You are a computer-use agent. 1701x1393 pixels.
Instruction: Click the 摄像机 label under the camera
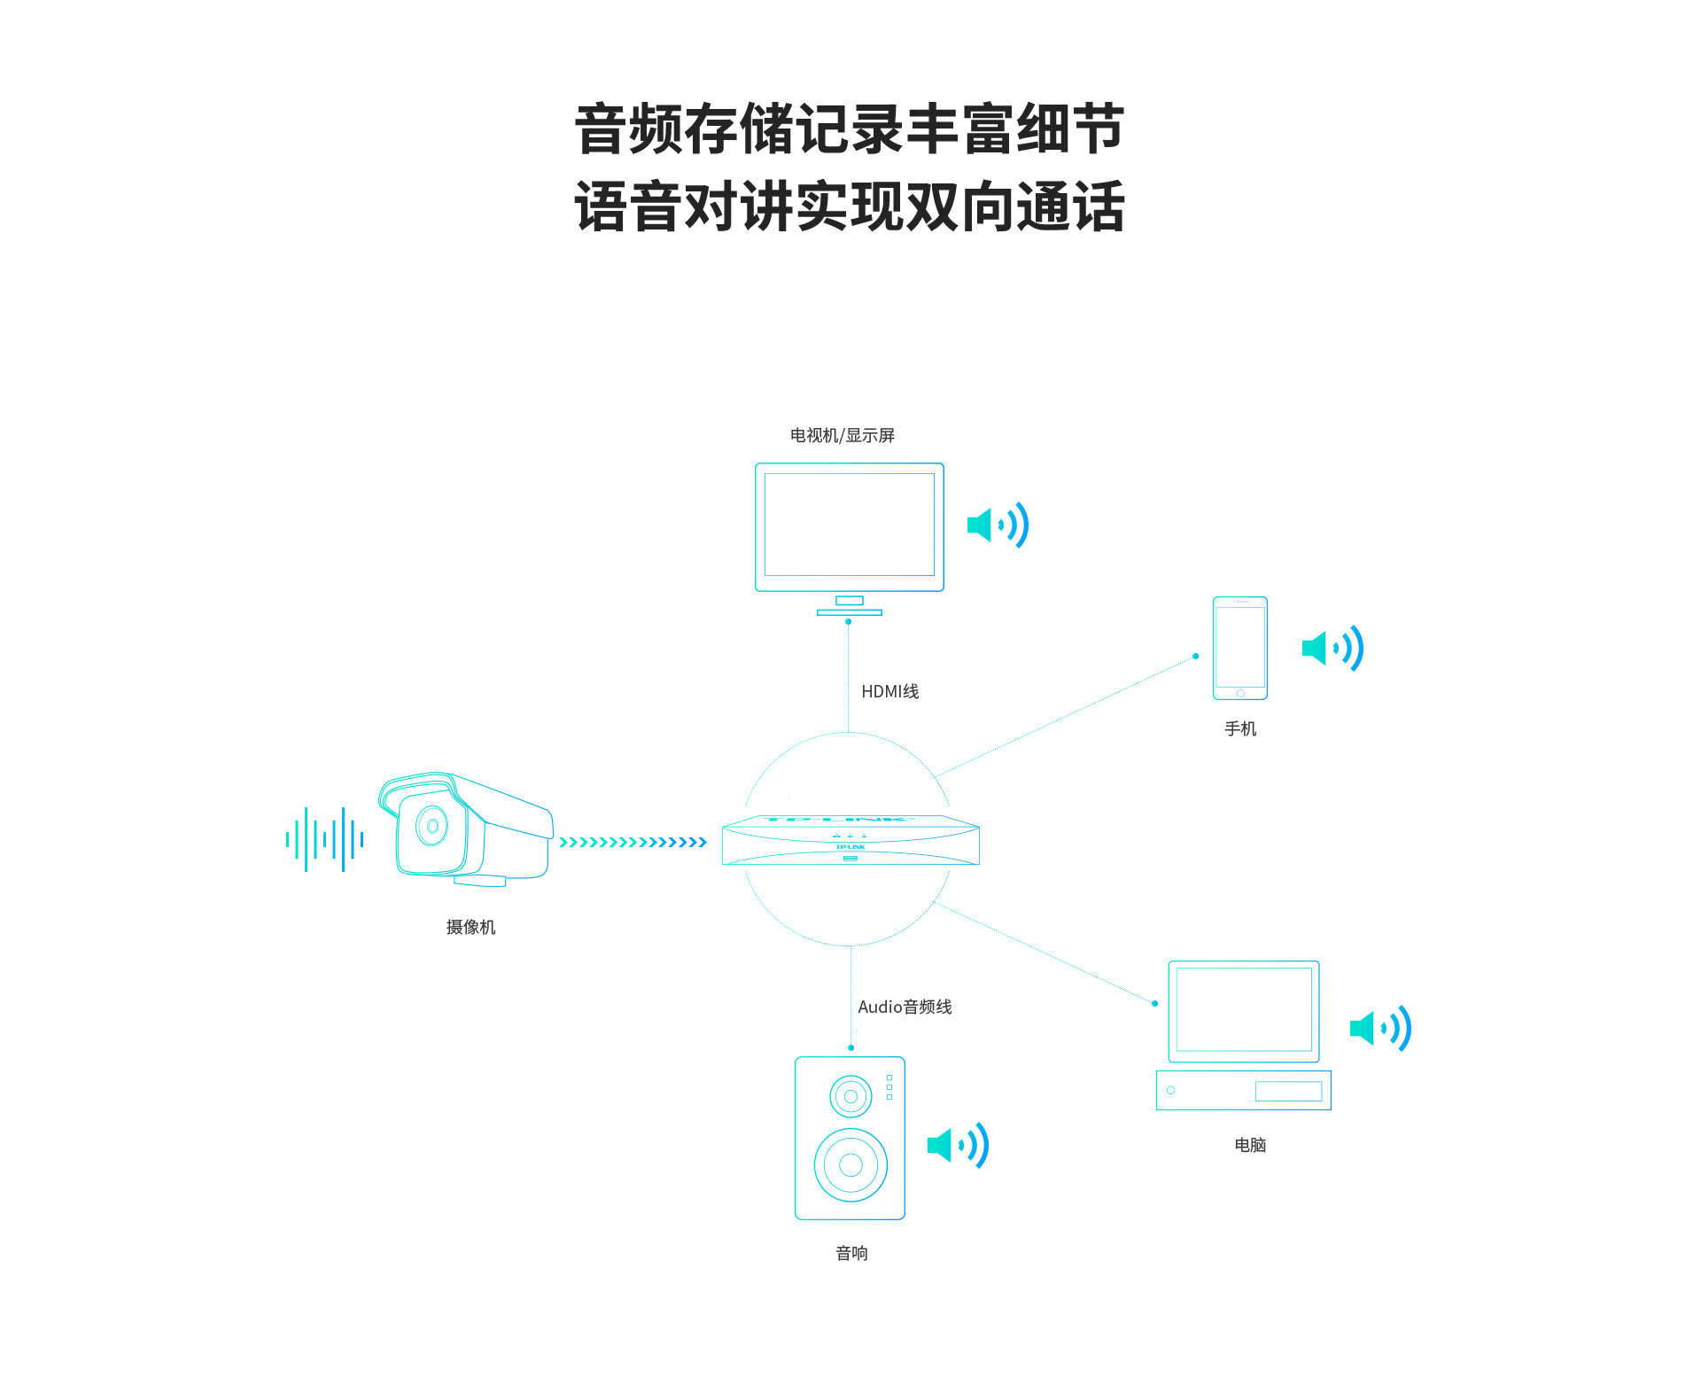(x=470, y=927)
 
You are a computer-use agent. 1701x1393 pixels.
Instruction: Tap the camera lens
(x=432, y=826)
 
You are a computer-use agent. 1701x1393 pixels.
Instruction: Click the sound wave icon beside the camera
(x=324, y=839)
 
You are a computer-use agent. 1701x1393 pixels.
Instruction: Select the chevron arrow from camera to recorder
(x=633, y=842)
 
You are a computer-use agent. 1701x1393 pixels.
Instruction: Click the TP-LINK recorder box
(x=850, y=840)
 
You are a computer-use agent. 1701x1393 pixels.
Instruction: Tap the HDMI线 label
(x=889, y=691)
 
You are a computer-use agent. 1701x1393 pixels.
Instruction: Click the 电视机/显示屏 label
(x=842, y=435)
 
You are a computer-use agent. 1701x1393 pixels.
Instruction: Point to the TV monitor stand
(x=849, y=606)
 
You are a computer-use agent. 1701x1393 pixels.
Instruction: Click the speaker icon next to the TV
(x=998, y=525)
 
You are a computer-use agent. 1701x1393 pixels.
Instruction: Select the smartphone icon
(x=1239, y=648)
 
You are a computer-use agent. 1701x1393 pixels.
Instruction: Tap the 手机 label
(x=1239, y=728)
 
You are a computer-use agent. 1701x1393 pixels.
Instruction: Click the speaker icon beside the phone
(x=1332, y=648)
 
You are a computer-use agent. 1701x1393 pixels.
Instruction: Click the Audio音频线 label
(x=905, y=1007)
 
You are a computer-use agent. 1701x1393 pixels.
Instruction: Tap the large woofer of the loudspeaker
(x=850, y=1164)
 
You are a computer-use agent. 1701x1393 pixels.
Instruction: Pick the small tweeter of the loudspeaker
(x=850, y=1096)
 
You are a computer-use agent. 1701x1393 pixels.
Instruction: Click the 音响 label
(x=851, y=1253)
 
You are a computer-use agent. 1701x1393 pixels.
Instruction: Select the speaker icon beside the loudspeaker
(x=958, y=1145)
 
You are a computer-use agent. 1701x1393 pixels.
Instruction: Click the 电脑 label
(x=1250, y=1145)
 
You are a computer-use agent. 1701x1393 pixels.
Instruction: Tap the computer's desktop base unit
(x=1243, y=1090)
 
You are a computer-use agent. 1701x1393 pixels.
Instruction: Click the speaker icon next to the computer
(x=1380, y=1028)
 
